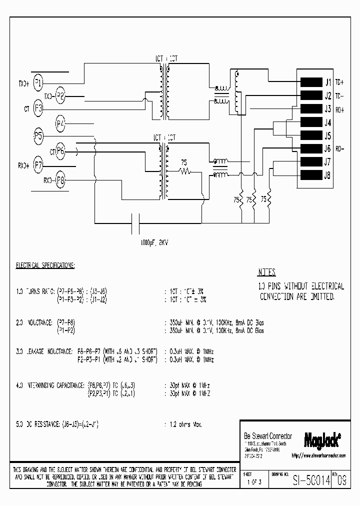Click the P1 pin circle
[38, 83]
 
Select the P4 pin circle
[60, 122]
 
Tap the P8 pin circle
[60, 180]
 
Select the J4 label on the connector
[328, 122]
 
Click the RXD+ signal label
[23, 165]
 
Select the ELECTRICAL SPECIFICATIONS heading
[45, 265]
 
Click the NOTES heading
[266, 273]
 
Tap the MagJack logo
[322, 440]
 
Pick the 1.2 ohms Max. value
[183, 424]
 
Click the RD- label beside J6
[340, 148]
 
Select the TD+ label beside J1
[339, 82]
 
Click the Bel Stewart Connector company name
[267, 436]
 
